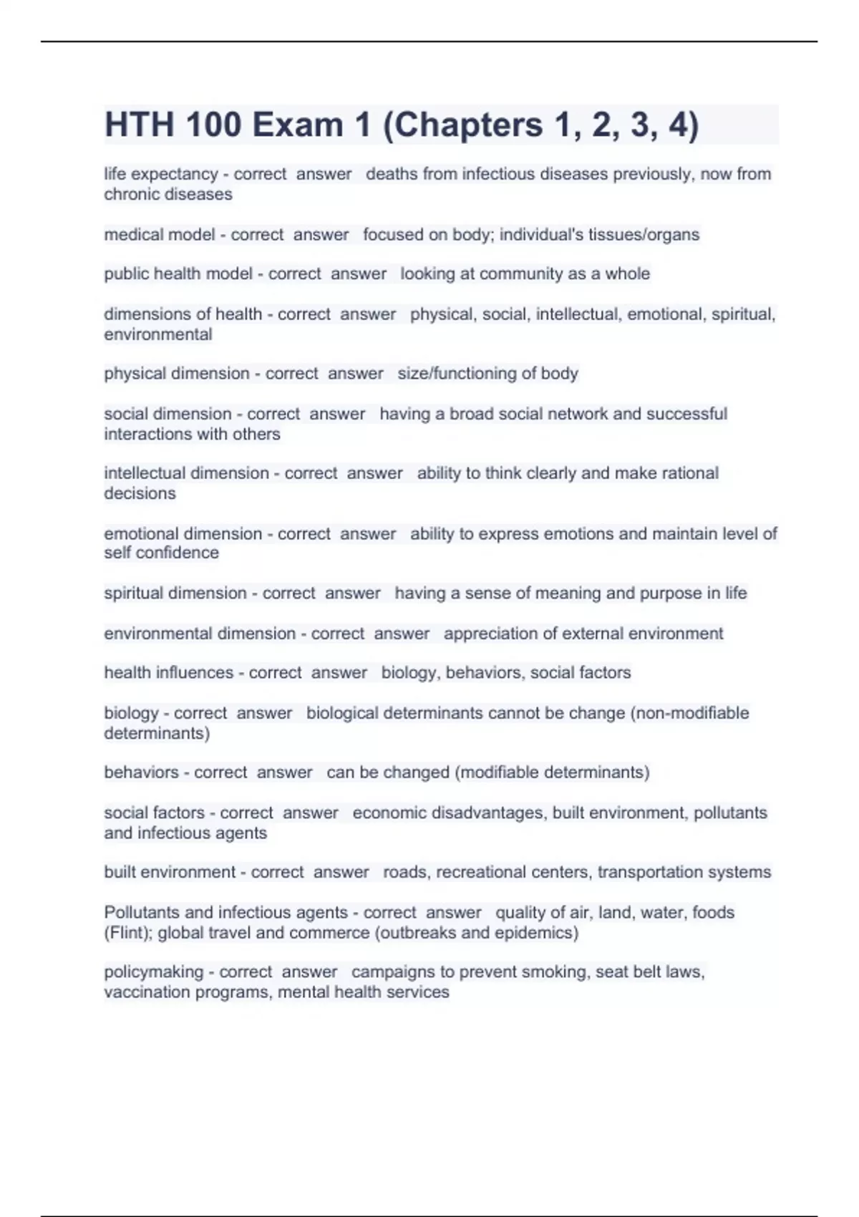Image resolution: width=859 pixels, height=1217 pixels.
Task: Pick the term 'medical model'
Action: tap(159, 235)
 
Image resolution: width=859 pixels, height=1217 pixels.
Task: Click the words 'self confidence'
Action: tap(161, 553)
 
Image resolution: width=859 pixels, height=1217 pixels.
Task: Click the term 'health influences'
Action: tap(168, 673)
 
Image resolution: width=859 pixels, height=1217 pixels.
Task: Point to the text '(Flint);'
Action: tap(128, 933)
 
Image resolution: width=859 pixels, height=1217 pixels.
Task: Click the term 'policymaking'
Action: tap(153, 972)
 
